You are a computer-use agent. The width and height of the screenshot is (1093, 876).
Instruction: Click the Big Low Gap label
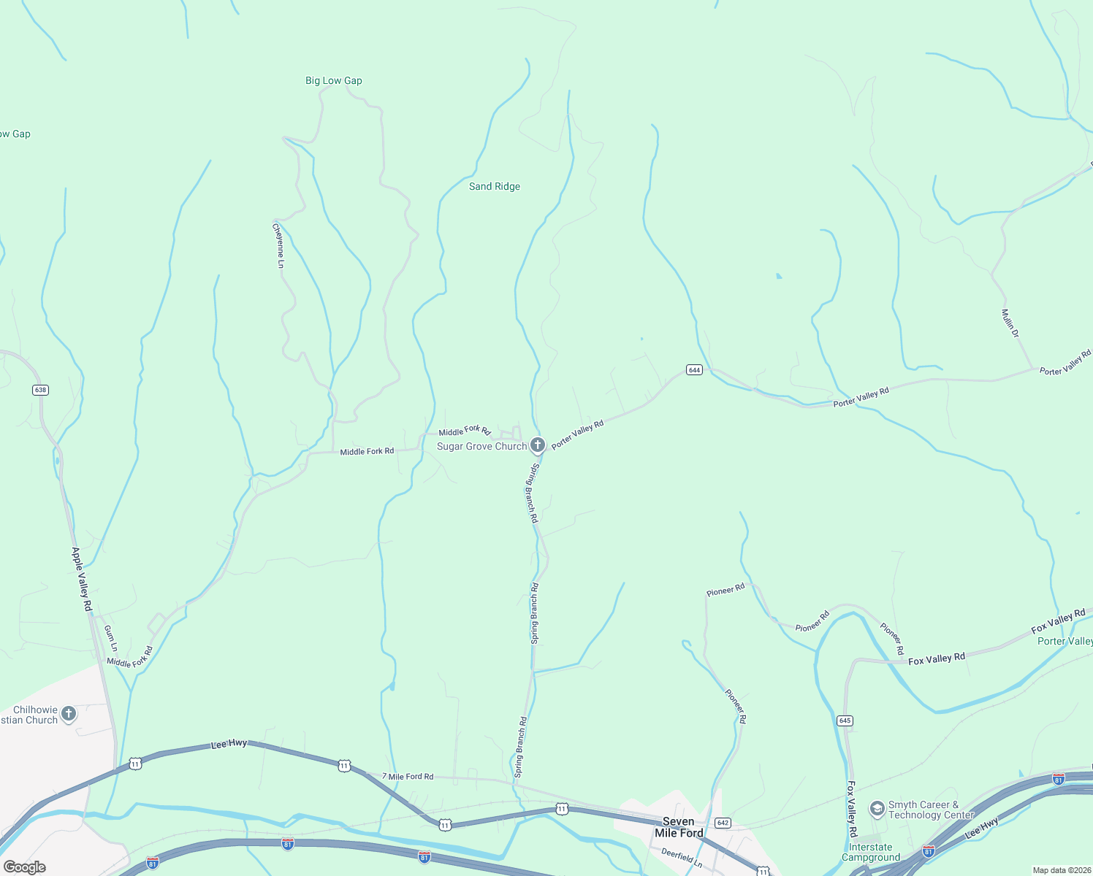[x=334, y=80]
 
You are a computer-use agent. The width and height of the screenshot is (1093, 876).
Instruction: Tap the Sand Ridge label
[x=495, y=186]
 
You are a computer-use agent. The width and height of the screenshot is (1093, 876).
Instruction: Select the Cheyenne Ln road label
[x=278, y=245]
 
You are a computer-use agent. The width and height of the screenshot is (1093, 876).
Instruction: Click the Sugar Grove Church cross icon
[x=538, y=445]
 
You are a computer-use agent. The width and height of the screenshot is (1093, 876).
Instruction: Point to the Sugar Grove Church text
[x=481, y=446]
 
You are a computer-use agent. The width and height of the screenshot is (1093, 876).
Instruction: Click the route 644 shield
[x=694, y=370]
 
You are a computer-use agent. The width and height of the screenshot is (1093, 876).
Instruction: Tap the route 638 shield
[x=40, y=390]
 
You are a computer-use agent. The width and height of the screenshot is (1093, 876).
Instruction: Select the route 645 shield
[x=845, y=721]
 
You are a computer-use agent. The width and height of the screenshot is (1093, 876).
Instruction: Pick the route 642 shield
[x=722, y=823]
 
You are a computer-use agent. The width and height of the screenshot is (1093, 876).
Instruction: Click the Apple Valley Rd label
[x=82, y=579]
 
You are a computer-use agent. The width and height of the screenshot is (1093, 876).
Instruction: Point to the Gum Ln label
[x=110, y=638]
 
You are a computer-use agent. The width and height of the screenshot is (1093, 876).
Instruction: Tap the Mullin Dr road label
[x=1010, y=323]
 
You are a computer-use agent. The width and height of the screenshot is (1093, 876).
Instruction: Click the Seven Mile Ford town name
[x=679, y=827]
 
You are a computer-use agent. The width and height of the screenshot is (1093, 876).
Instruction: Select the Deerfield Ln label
[x=682, y=858]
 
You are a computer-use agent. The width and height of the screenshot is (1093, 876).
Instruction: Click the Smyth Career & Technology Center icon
[x=877, y=810]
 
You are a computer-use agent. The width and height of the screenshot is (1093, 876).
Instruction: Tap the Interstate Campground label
[x=871, y=853]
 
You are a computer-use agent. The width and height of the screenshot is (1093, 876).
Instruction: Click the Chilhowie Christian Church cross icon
[x=69, y=714]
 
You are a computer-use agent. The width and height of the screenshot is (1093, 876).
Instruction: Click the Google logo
[x=25, y=867]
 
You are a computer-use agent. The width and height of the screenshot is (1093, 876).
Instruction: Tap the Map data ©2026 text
[x=1060, y=870]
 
